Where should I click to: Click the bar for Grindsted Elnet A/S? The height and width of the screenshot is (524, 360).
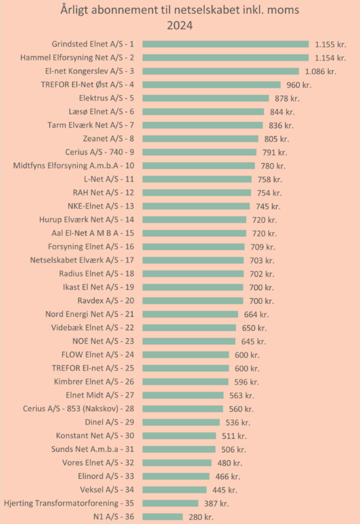[226, 44]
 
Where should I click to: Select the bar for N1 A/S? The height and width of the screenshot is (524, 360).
[162, 517]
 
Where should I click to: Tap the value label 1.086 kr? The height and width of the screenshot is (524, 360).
[321, 71]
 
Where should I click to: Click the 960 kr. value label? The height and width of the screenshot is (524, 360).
[299, 85]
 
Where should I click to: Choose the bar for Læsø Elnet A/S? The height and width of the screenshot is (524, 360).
[203, 111]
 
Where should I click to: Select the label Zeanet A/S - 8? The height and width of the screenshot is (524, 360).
[109, 139]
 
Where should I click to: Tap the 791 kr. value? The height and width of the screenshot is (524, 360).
[274, 153]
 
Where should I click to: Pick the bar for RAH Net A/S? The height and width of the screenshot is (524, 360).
[197, 193]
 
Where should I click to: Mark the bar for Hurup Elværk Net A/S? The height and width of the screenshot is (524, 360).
[194, 219]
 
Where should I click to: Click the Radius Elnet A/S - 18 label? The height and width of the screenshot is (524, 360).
[96, 274]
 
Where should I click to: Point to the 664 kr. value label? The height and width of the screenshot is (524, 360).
[257, 314]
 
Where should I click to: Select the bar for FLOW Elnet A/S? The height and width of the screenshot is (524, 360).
[186, 354]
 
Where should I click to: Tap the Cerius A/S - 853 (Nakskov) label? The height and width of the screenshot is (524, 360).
[79, 409]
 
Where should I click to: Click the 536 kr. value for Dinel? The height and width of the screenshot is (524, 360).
[238, 422]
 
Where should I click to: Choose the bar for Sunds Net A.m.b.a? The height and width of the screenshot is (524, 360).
[179, 449]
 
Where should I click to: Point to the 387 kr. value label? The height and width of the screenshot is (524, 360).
[217, 503]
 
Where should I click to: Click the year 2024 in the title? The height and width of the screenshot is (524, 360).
[179, 26]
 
